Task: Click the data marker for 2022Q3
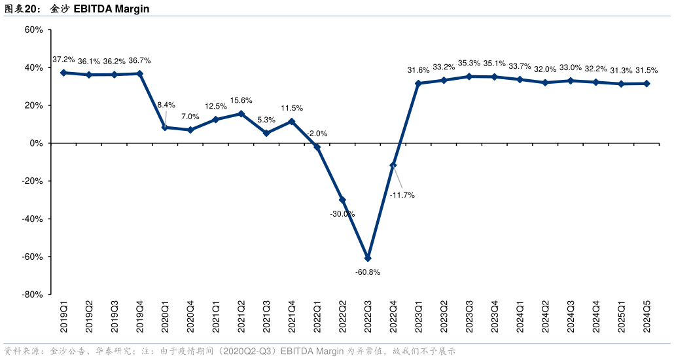tap(368, 258)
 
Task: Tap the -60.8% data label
tap(368, 272)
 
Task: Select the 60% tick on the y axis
tap(33, 29)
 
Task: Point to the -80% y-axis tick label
tap(32, 295)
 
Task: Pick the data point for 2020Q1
tap(165, 127)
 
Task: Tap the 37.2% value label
tap(63, 60)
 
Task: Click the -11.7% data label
tap(402, 195)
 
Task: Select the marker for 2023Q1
tap(419, 83)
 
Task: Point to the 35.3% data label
tap(469, 63)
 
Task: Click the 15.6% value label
tap(241, 100)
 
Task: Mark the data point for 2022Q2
tap(342, 200)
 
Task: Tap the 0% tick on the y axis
tap(37, 143)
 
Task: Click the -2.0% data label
tap(317, 134)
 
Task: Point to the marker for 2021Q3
tap(266, 133)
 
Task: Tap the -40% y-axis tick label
tap(32, 219)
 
